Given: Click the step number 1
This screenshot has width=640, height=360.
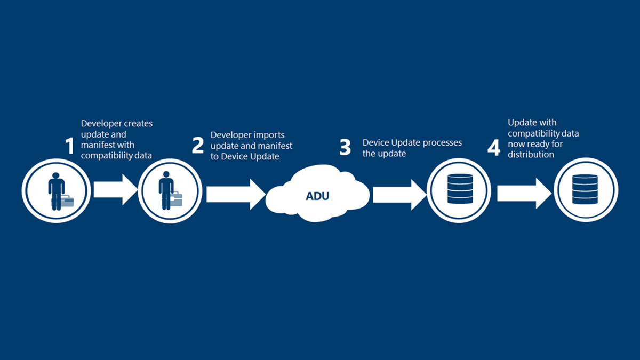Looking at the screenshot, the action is tap(70, 146).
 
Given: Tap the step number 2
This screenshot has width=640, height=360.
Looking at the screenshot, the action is tap(198, 146).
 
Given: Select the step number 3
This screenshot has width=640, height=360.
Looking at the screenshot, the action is tap(345, 147).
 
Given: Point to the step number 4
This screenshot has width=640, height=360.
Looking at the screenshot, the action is tap(494, 148).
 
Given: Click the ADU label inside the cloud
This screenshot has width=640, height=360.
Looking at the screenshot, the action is tap(317, 196).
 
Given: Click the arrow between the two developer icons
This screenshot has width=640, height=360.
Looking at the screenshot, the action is tap(116, 189).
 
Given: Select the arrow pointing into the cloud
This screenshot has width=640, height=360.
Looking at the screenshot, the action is tap(236, 194).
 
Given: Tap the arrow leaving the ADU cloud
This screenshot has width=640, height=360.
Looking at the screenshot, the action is tap(400, 195).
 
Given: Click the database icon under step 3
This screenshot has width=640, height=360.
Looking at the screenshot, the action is tap(460, 189).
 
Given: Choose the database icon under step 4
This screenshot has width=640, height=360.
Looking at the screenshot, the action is tap(585, 189).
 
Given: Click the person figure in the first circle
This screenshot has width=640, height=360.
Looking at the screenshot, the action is tap(57, 191).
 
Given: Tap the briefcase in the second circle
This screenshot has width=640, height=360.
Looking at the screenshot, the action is tap(177, 199).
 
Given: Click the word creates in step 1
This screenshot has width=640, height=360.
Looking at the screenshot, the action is tap(138, 123).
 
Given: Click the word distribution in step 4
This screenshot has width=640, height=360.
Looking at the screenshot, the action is tap(531, 155).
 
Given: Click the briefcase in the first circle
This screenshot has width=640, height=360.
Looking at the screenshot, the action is tap(62, 201).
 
